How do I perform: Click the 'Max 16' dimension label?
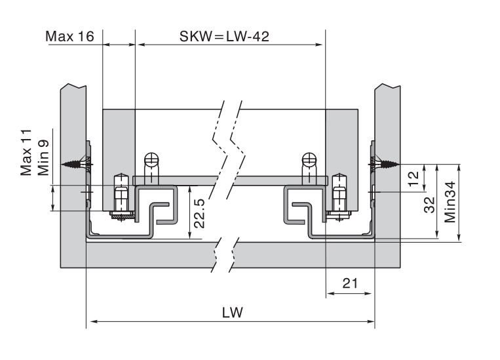click(x=69, y=36)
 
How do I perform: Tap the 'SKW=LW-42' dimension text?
click(x=225, y=36)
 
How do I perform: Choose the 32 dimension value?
click(x=430, y=205)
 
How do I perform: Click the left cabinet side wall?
click(x=71, y=216)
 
